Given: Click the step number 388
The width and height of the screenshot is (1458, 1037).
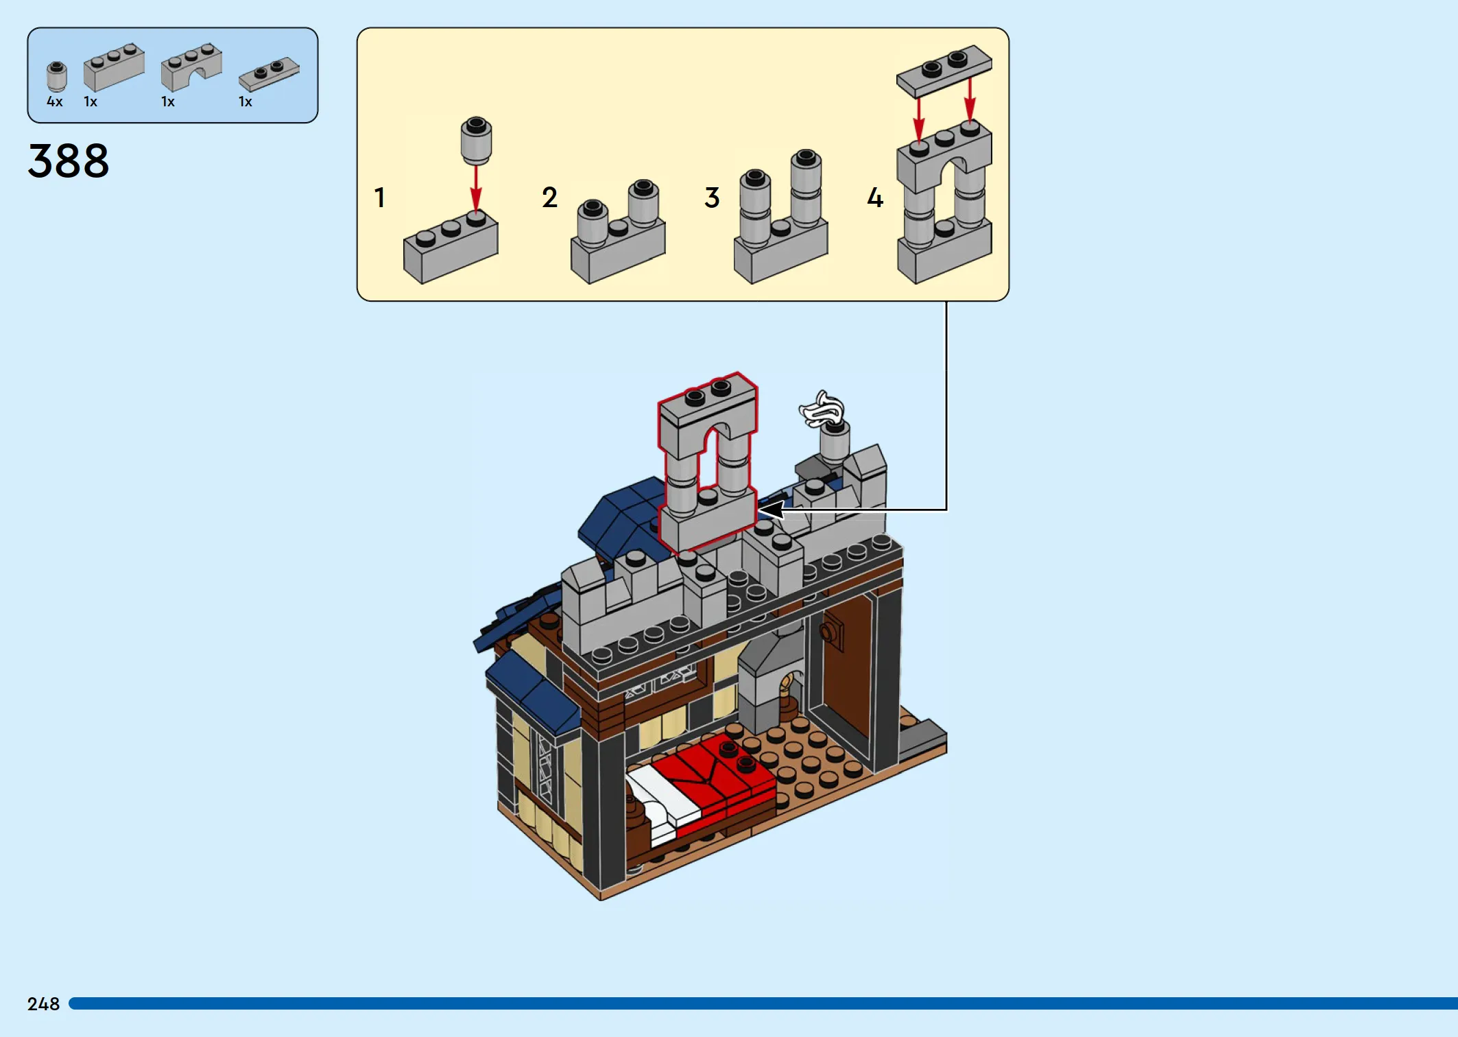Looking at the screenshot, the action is [69, 161].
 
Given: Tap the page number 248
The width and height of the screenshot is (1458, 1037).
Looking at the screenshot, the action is [43, 1004].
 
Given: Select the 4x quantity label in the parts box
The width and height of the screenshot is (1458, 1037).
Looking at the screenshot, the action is [55, 102].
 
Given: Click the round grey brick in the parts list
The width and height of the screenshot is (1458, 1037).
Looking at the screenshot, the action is [56, 76].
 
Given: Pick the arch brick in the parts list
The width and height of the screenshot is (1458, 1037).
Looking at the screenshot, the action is [191, 67].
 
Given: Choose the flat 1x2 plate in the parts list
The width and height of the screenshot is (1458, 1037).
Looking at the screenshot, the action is [269, 74].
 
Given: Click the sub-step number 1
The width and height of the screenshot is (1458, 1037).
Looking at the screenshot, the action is [379, 198].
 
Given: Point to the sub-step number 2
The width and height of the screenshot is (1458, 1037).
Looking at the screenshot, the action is [549, 198].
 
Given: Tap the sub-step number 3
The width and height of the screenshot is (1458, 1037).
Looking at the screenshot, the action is [712, 198].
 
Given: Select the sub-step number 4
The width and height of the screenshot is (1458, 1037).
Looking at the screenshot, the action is [875, 198].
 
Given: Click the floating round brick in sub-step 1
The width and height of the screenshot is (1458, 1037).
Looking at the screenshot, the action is [476, 141].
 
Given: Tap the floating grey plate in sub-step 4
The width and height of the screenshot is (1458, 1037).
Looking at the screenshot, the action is [944, 71].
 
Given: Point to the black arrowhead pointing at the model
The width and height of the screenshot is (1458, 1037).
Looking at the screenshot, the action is [771, 510].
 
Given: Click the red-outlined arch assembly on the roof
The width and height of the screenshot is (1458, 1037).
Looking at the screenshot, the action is [708, 463].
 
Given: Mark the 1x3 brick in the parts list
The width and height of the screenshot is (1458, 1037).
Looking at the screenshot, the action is [114, 67].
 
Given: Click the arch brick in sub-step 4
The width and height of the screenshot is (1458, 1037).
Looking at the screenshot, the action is [944, 158].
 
